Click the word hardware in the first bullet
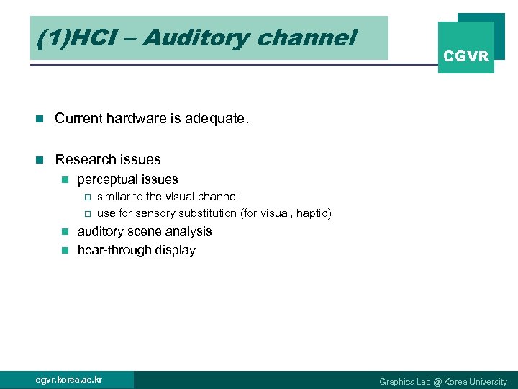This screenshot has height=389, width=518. (x=132, y=118)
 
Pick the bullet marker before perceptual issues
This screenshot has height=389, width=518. (x=64, y=179)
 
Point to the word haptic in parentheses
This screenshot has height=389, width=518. (x=312, y=213)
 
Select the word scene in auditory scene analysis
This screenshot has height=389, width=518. (x=144, y=231)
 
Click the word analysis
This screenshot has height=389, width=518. (x=188, y=231)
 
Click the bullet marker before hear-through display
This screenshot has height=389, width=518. (x=64, y=250)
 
